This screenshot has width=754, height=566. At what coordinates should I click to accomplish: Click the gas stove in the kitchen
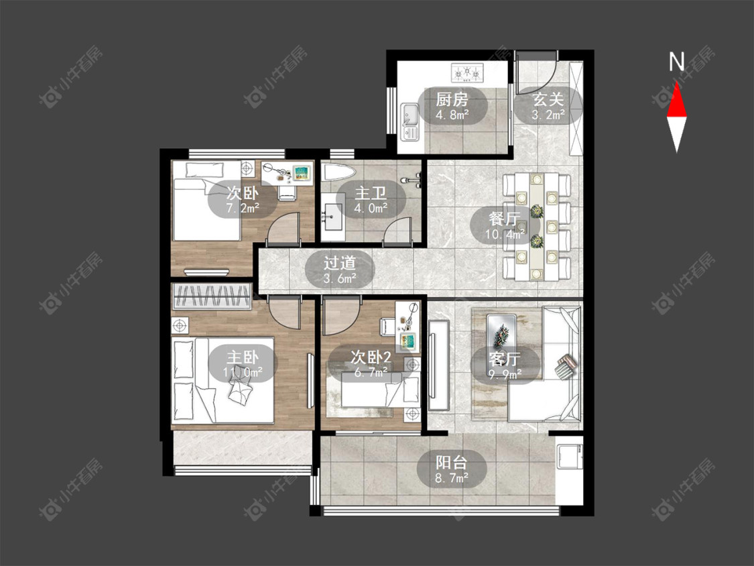466,72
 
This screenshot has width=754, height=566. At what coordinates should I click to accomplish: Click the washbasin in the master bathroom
332,216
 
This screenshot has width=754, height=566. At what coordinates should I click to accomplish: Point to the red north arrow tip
677,82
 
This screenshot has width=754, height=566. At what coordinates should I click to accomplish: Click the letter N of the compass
677,62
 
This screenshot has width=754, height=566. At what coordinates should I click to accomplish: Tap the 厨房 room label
452,100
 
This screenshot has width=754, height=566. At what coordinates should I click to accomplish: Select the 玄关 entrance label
548,100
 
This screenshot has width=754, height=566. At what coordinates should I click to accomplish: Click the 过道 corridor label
340,263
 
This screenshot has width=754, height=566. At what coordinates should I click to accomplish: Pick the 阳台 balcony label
452,463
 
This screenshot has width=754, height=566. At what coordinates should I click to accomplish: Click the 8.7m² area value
452,478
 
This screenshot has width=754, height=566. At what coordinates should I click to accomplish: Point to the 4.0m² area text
371,209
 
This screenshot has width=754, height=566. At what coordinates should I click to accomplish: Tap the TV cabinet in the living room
438,365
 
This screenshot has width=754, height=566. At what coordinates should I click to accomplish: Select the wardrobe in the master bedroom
212,296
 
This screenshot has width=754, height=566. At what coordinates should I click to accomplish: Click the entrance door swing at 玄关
537,72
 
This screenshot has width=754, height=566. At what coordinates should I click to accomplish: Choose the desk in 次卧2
407,327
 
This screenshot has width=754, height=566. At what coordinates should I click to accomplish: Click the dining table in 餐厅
536,227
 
